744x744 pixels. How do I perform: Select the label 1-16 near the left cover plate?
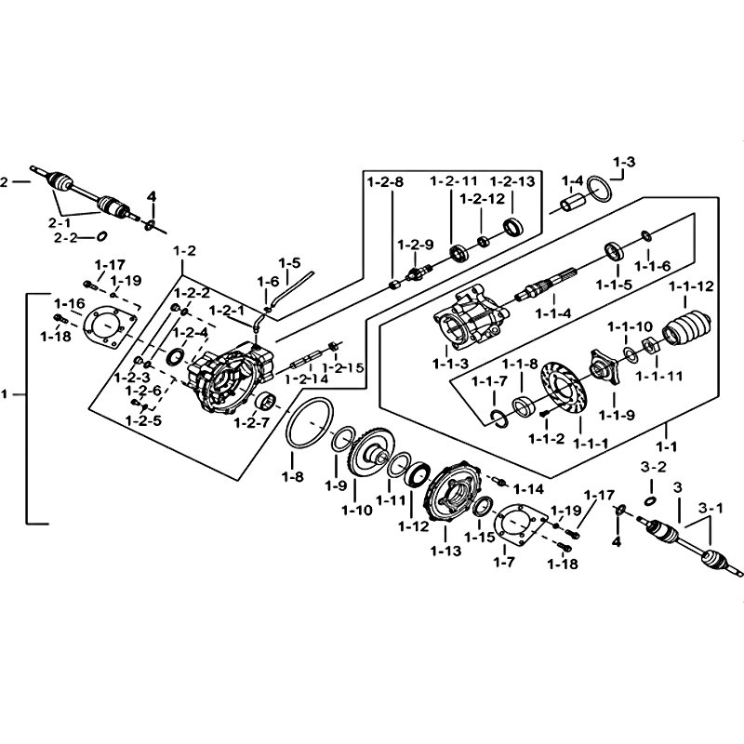(x=69, y=303)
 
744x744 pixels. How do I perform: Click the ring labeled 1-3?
(x=602, y=191)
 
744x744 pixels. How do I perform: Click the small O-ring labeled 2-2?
(x=102, y=235)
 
